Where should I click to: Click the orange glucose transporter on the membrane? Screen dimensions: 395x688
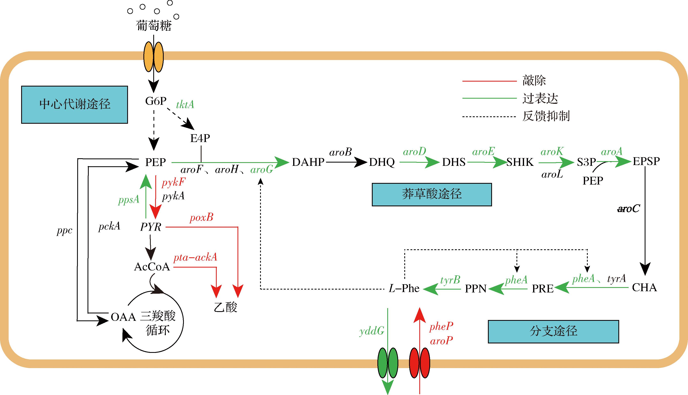153,57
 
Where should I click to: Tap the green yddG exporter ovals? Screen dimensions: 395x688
388,363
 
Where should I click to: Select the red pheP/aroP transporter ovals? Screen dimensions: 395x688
419,363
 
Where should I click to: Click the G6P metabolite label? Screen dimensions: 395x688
156,101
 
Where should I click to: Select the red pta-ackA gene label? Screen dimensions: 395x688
195,257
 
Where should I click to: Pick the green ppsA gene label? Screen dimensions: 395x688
129,200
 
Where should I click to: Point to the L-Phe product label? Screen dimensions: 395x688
404,288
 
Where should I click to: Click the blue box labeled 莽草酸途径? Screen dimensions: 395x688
431,194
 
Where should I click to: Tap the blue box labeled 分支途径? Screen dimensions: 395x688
553,331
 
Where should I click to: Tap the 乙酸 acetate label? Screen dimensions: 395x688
226,307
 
